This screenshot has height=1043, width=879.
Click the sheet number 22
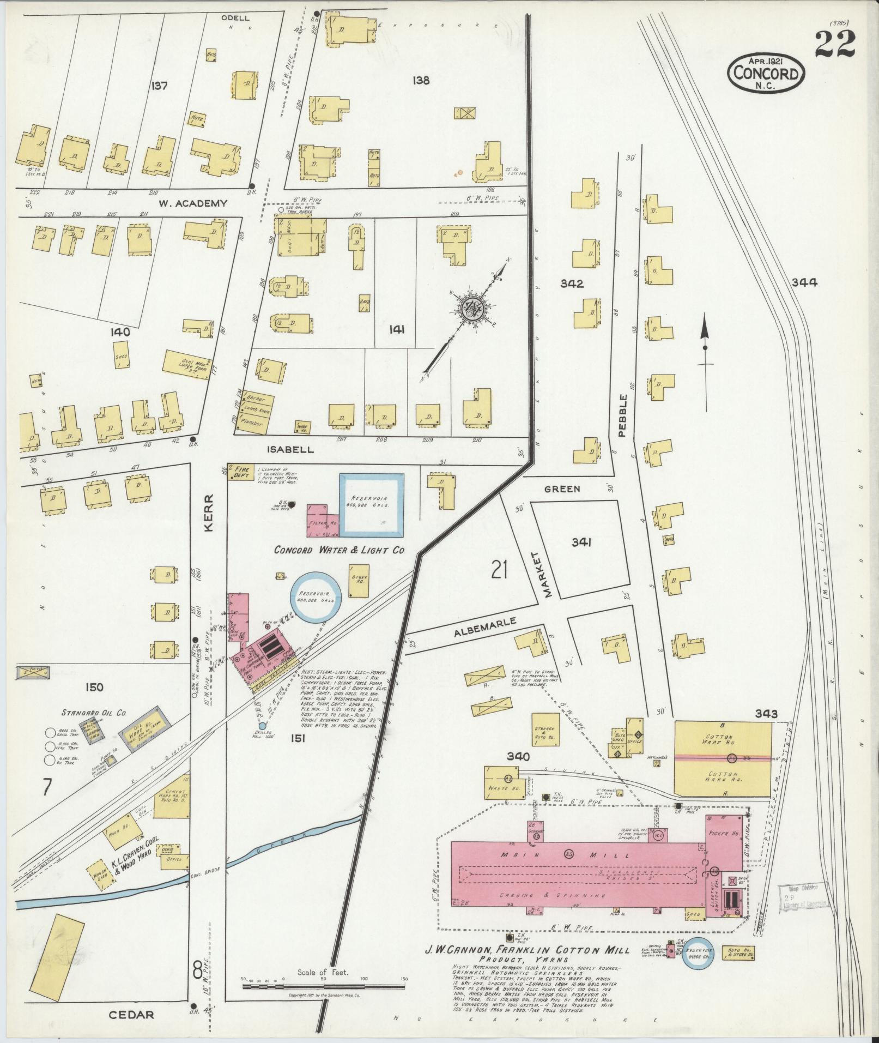(x=835, y=44)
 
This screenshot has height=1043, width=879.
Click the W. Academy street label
(x=192, y=203)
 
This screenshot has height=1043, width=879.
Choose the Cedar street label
(x=131, y=1015)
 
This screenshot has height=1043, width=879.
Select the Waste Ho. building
(x=501, y=783)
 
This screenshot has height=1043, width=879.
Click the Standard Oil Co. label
(x=94, y=712)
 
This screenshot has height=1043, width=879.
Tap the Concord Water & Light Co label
(x=339, y=550)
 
